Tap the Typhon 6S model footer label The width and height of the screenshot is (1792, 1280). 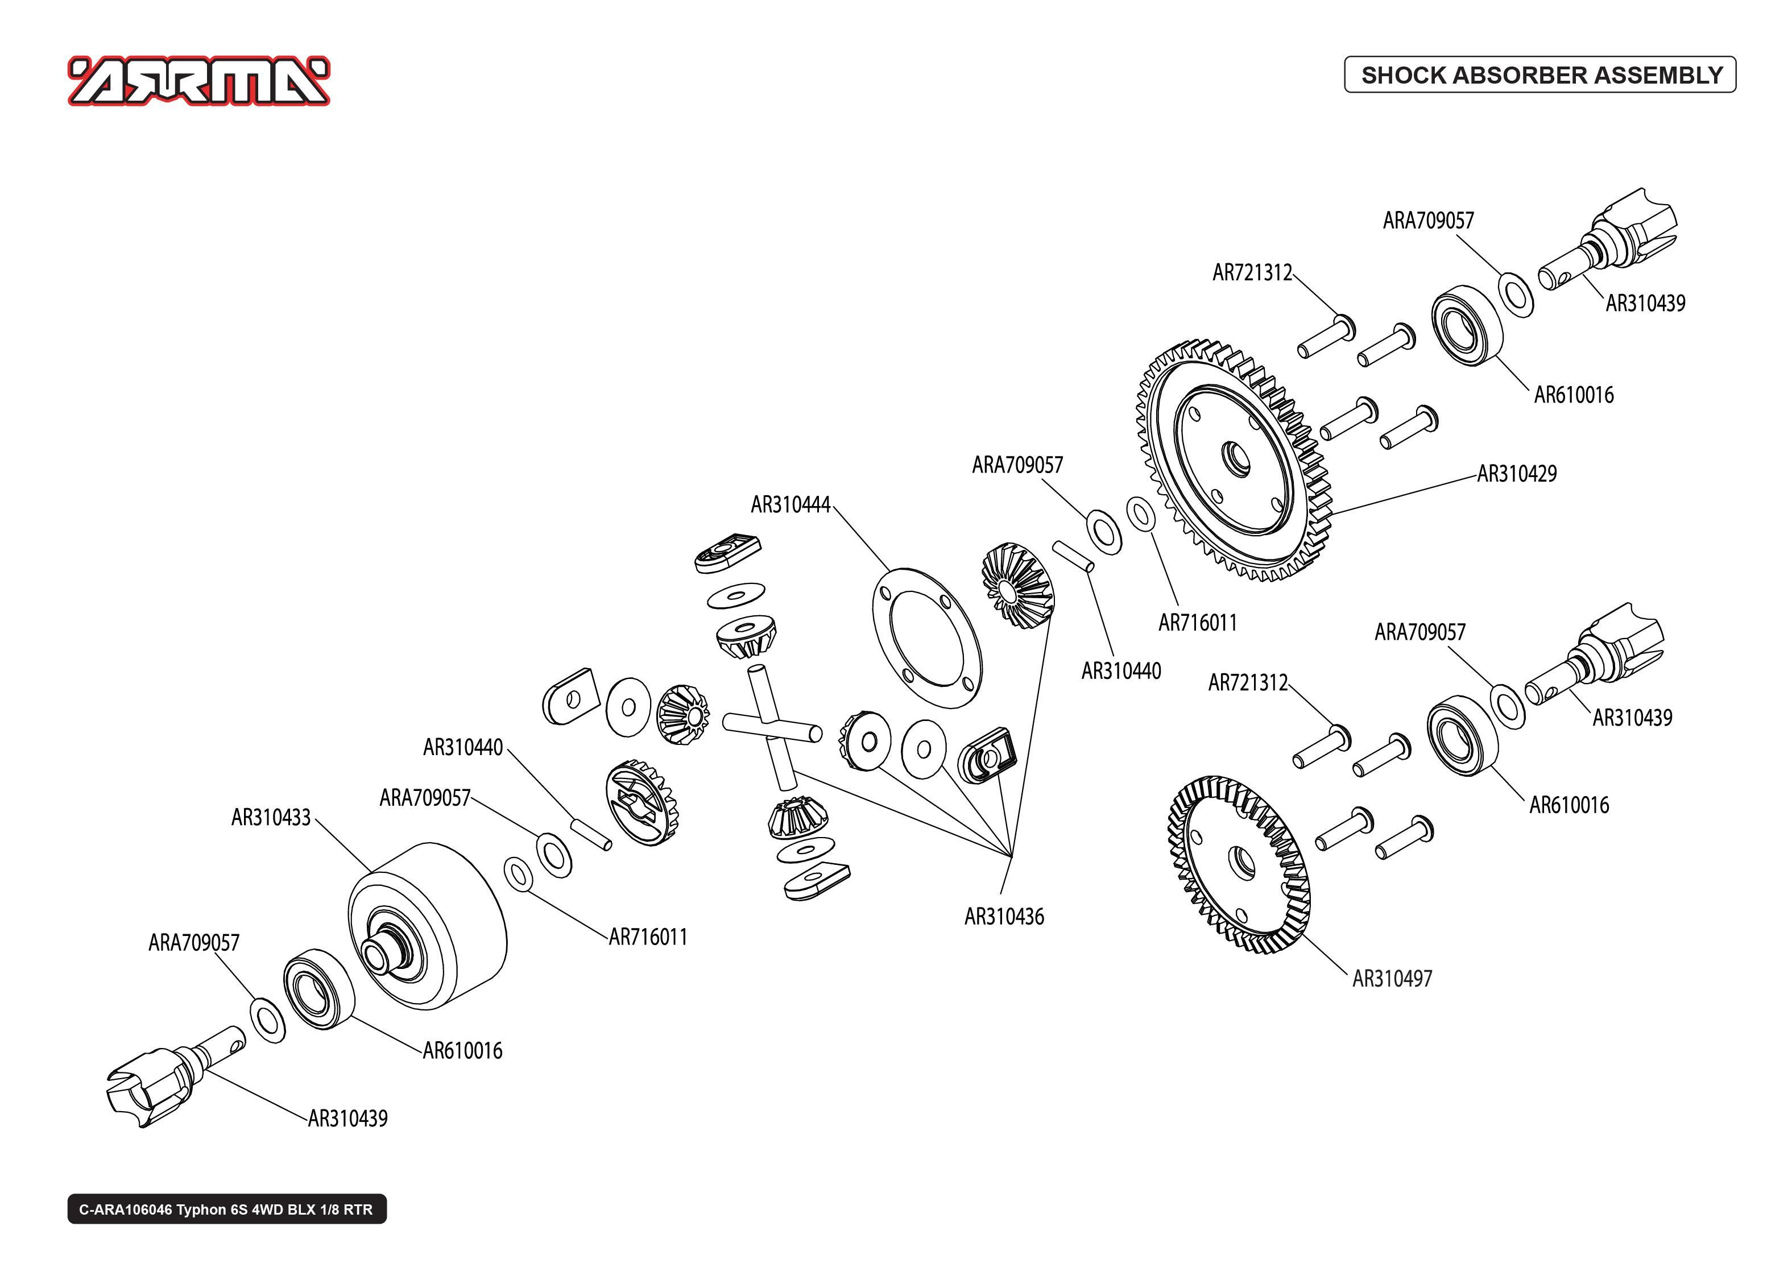point(226,1209)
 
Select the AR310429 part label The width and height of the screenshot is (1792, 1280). point(1516,474)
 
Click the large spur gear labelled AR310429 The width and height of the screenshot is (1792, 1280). point(1234,461)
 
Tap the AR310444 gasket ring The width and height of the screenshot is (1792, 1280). point(927,637)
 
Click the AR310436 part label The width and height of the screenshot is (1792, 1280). point(1004,916)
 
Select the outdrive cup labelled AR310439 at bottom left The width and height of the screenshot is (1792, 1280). point(150,1088)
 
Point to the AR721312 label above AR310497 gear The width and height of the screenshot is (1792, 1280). point(1248,682)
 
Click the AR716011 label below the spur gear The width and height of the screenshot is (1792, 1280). point(1197,623)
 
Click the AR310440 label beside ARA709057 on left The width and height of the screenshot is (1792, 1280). point(462,747)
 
